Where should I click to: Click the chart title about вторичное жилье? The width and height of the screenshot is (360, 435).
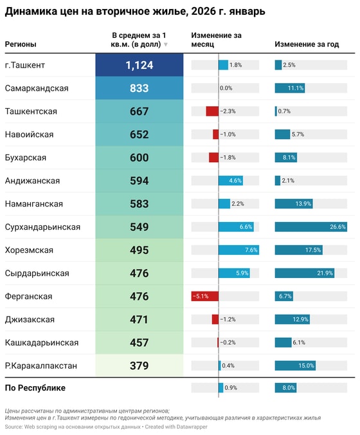pyautogui.click(x=134, y=12)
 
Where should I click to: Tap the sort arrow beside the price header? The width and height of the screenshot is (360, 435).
pyautogui.click(x=166, y=44)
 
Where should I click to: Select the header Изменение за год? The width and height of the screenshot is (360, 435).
pyautogui.click(x=307, y=44)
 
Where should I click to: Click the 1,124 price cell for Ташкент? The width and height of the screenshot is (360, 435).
pyautogui.click(x=139, y=65)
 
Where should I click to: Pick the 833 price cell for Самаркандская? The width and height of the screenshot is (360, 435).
pyautogui.click(x=139, y=88)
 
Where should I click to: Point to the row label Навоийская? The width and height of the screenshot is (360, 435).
pyautogui.click(x=29, y=134)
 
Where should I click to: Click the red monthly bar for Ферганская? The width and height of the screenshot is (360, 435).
pyautogui.click(x=205, y=297)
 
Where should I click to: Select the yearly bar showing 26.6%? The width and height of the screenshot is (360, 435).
pyautogui.click(x=310, y=227)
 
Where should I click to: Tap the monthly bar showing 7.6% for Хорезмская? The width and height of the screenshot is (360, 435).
pyautogui.click(x=239, y=250)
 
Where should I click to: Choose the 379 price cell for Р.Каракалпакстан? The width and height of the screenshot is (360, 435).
pyautogui.click(x=139, y=366)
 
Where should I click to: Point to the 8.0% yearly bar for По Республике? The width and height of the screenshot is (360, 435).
pyautogui.click(x=285, y=388)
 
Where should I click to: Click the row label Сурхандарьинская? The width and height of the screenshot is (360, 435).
pyautogui.click(x=42, y=227)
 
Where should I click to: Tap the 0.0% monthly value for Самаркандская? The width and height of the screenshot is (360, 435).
pyautogui.click(x=226, y=88)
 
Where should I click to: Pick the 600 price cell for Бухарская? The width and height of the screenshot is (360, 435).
pyautogui.click(x=139, y=158)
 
